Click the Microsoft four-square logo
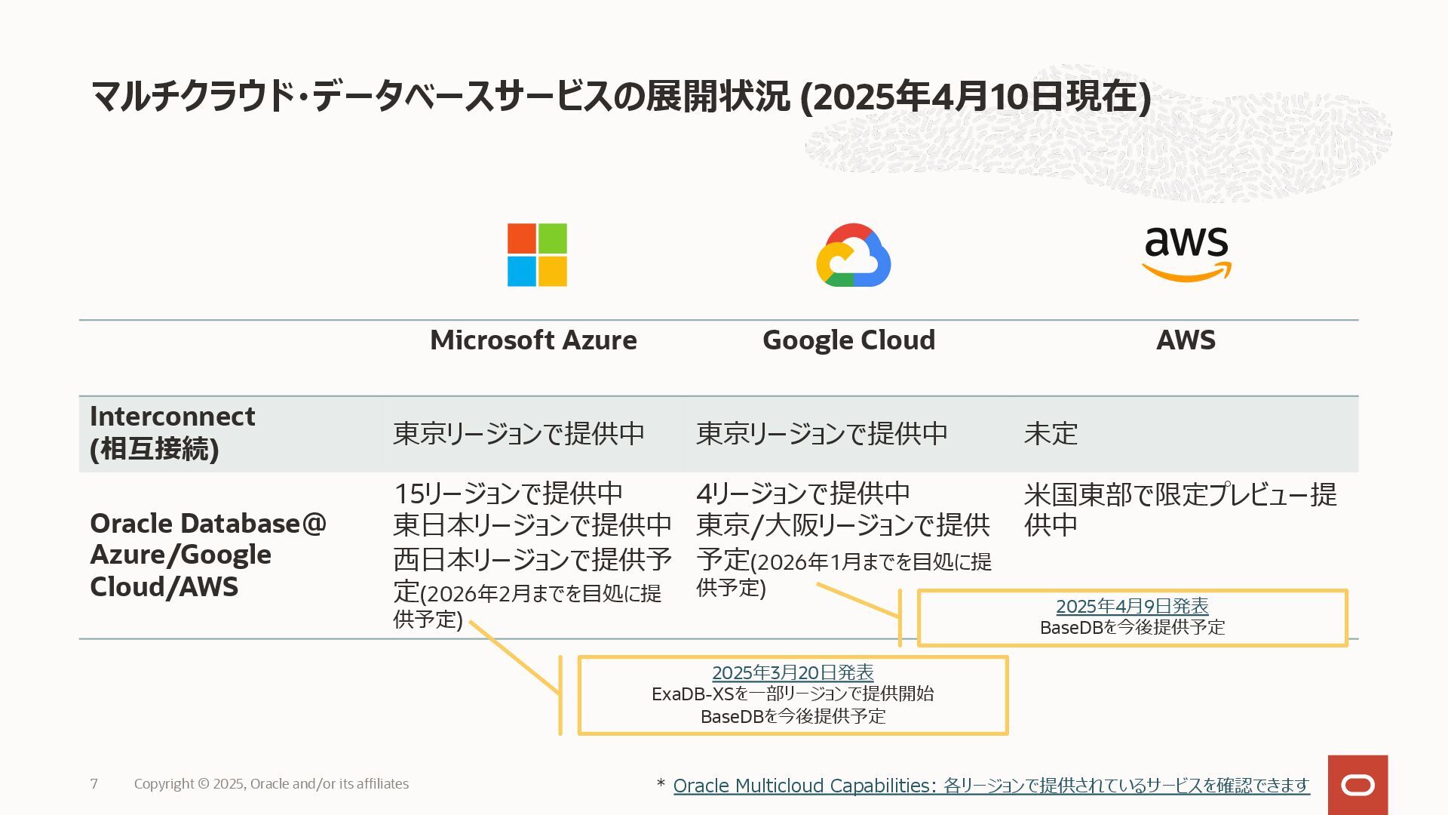[537, 255]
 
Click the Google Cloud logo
[853, 256]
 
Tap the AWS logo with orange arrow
[1186, 254]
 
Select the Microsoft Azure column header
[533, 340]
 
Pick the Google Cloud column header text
[848, 340]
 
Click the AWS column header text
[1186, 340]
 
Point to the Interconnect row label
[173, 432]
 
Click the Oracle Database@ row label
[207, 555]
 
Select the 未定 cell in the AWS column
[1051, 434]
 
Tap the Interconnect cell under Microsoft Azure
[519, 434]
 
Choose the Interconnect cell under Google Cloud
[821, 434]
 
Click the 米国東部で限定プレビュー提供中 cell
[1180, 509]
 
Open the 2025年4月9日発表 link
[1132, 606]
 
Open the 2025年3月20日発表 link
[793, 672]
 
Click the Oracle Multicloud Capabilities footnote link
[991, 786]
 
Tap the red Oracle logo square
[1357, 785]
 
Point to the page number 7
[94, 784]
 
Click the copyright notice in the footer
[271, 784]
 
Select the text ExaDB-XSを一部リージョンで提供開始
[793, 694]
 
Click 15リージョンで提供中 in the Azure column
[508, 494]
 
